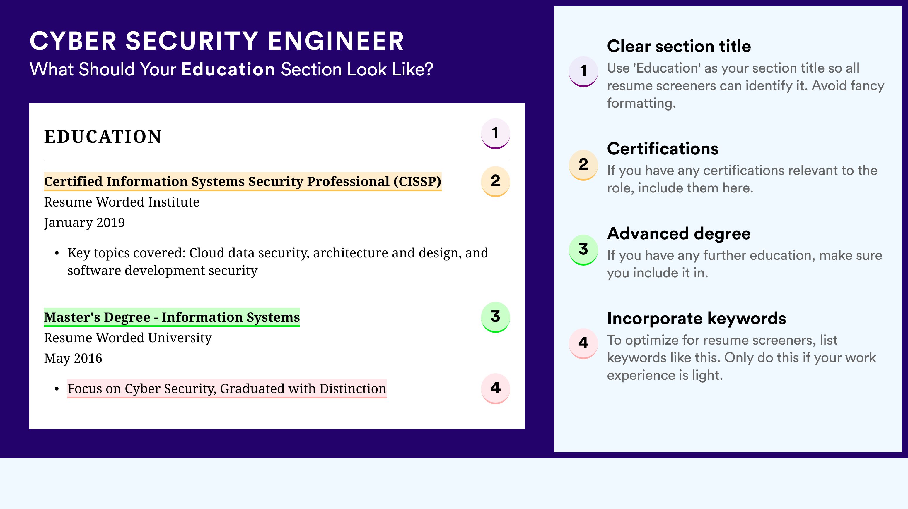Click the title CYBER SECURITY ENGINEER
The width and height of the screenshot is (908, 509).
(x=217, y=41)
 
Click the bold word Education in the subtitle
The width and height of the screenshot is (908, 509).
(x=228, y=69)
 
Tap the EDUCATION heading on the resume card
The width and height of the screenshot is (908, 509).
(x=103, y=137)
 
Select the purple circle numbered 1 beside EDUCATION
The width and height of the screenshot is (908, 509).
(x=495, y=133)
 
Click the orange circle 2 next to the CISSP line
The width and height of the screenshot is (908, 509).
(x=495, y=181)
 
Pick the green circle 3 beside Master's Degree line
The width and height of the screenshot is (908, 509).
(x=495, y=317)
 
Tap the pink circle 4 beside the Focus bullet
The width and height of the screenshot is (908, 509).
(x=495, y=388)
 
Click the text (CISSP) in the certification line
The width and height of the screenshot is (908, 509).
(x=417, y=181)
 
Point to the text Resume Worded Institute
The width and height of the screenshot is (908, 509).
(x=122, y=202)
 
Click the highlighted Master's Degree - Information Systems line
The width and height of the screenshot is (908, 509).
(x=172, y=317)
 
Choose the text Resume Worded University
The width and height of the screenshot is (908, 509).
(x=128, y=338)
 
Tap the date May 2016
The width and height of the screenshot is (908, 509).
(x=73, y=358)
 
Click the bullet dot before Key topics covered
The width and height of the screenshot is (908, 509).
(x=57, y=253)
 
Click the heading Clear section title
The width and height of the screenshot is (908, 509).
(x=679, y=46)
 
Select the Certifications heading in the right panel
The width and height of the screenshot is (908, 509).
(x=663, y=149)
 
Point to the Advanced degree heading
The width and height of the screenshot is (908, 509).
(x=679, y=233)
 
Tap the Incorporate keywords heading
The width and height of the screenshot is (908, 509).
(x=697, y=318)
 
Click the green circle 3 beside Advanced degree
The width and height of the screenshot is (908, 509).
(x=583, y=250)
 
